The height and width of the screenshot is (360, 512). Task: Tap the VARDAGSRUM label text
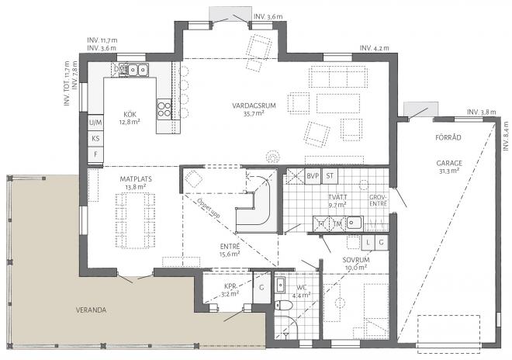click(x=249, y=105)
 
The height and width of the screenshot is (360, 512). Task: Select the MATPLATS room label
click(x=133, y=178)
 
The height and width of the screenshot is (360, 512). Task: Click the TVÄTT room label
click(x=337, y=197)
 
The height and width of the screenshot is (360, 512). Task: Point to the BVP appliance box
click(x=313, y=176)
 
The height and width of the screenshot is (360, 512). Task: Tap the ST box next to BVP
click(x=329, y=176)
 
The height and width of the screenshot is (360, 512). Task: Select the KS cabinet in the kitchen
click(x=95, y=138)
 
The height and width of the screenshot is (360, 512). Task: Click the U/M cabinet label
click(x=95, y=123)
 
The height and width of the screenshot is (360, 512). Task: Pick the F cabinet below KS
click(x=95, y=154)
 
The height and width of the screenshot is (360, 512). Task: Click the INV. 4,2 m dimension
click(x=374, y=48)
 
